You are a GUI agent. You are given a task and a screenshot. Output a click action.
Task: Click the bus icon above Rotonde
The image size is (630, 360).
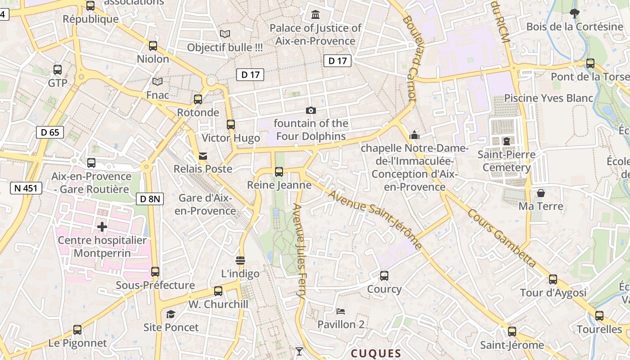click(198, 99)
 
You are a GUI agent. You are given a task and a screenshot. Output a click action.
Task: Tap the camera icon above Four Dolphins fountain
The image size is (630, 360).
click(310, 110)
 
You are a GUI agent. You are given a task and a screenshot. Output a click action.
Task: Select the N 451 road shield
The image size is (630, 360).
click(26, 188)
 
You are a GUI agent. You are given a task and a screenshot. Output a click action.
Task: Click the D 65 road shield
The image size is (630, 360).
click(50, 132)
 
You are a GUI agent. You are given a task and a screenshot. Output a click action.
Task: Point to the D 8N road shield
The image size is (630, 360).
click(150, 198)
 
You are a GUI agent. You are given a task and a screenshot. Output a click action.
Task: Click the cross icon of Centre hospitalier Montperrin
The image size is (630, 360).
click(102, 227)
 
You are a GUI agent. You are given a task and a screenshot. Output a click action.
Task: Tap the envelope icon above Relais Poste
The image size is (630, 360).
click(203, 156)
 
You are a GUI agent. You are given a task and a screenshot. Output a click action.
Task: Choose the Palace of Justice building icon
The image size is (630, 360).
click(315, 15)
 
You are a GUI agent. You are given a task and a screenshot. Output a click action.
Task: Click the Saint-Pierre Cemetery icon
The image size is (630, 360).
click(507, 141)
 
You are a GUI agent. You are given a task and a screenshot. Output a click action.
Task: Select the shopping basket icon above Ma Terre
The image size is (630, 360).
click(540, 193)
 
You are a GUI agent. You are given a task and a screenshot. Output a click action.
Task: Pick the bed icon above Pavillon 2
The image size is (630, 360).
click(341, 311)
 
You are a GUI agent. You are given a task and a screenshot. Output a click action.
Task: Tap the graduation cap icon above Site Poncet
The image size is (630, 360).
click(171, 314)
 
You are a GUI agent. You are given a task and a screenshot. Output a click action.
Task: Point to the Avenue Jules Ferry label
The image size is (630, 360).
click(299, 252)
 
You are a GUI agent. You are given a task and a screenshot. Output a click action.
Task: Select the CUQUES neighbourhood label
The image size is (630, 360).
click(376, 353)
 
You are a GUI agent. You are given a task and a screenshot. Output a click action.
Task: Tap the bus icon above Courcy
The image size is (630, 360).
click(384, 275)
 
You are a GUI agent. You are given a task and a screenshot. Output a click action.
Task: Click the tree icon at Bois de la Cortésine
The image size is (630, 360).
click(574, 13)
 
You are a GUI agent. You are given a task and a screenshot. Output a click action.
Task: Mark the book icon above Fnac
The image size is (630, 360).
click(157, 81)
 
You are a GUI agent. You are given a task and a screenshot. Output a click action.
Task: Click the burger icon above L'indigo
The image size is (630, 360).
click(240, 261)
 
